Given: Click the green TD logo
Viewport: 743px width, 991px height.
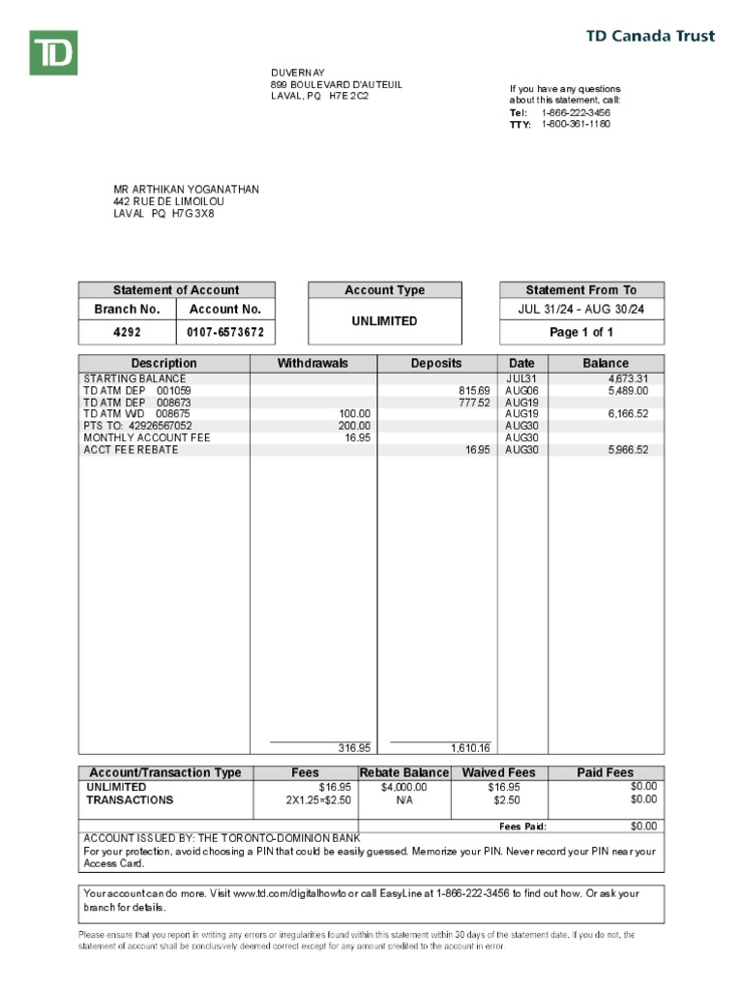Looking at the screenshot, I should pyautogui.click(x=53, y=52).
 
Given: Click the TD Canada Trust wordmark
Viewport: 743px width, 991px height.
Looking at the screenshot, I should pyautogui.click(x=651, y=37).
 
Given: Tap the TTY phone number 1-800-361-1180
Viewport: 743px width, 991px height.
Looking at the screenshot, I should pyautogui.click(x=576, y=124).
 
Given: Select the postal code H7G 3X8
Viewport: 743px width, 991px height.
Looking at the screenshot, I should pyautogui.click(x=193, y=214).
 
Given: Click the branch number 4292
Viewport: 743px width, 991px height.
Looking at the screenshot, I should pyautogui.click(x=126, y=332).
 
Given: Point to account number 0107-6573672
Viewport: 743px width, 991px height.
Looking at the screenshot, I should pyautogui.click(x=225, y=332).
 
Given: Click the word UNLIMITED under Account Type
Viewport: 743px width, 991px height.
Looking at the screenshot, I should pyautogui.click(x=384, y=321).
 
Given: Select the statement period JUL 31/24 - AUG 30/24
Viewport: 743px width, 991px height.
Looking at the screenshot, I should pyautogui.click(x=581, y=310).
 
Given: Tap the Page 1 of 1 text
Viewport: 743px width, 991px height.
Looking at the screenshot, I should pyautogui.click(x=581, y=332).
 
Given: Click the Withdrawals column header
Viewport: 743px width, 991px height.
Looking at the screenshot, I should pyautogui.click(x=312, y=363).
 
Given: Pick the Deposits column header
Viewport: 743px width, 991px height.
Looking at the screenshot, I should pyautogui.click(x=436, y=363).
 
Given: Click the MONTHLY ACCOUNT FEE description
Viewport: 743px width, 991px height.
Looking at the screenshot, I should pyautogui.click(x=146, y=437).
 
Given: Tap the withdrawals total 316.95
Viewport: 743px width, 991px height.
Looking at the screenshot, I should pyautogui.click(x=354, y=747).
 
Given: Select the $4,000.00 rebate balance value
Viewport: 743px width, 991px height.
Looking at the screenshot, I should pyautogui.click(x=403, y=787).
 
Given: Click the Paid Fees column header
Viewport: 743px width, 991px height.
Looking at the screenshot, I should pyautogui.click(x=605, y=772).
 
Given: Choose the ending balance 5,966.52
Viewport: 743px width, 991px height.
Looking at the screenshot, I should pyautogui.click(x=629, y=450).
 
